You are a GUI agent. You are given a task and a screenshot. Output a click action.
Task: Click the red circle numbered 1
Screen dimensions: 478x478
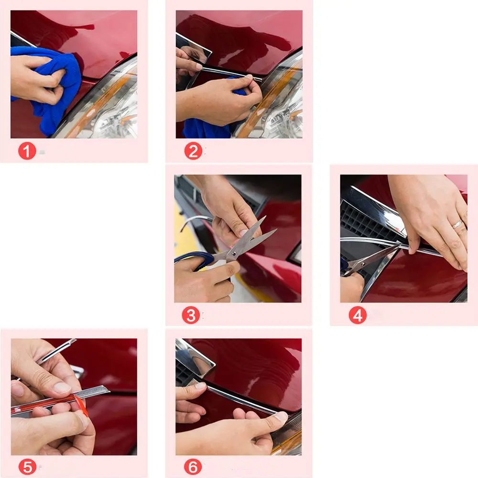(x=27, y=151)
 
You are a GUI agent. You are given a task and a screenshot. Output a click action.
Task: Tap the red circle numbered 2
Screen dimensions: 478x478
(x=193, y=151)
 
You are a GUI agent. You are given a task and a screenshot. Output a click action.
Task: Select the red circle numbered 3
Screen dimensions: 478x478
(x=191, y=315)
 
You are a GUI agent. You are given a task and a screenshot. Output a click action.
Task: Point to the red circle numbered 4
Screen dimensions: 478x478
(x=358, y=315)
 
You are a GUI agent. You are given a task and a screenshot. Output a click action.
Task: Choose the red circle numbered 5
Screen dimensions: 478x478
(x=27, y=467)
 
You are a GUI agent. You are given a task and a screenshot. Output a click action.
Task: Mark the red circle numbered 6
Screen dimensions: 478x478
(x=193, y=467)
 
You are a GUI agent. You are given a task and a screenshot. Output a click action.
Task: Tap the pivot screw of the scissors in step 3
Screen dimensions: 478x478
(x=234, y=254)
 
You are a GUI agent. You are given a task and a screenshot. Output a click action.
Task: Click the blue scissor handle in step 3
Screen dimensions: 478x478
(x=195, y=259)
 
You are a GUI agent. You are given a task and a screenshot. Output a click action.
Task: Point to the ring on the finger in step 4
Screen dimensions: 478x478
(x=458, y=224)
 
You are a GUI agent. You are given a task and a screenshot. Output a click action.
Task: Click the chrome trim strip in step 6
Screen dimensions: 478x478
(x=241, y=399)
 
